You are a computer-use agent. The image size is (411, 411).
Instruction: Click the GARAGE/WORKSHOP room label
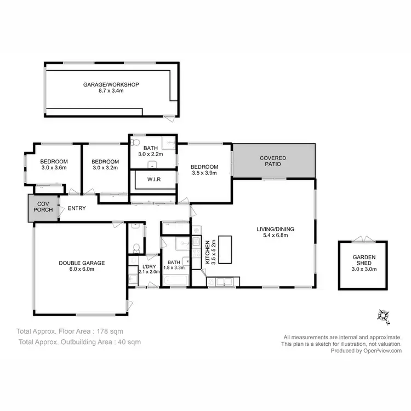click(110, 85)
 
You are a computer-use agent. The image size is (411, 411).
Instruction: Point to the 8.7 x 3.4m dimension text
click(110, 92)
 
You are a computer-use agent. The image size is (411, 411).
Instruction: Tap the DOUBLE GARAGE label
click(82, 263)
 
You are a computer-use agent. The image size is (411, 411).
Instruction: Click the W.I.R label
click(153, 179)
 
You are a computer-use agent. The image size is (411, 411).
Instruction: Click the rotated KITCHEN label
click(207, 253)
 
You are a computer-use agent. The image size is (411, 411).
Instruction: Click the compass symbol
click(383, 315)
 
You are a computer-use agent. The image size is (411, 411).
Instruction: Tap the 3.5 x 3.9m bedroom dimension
click(204, 174)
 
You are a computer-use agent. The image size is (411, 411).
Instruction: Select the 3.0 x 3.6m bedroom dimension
click(54, 168)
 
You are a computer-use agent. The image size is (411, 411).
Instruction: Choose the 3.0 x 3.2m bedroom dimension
click(105, 168)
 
